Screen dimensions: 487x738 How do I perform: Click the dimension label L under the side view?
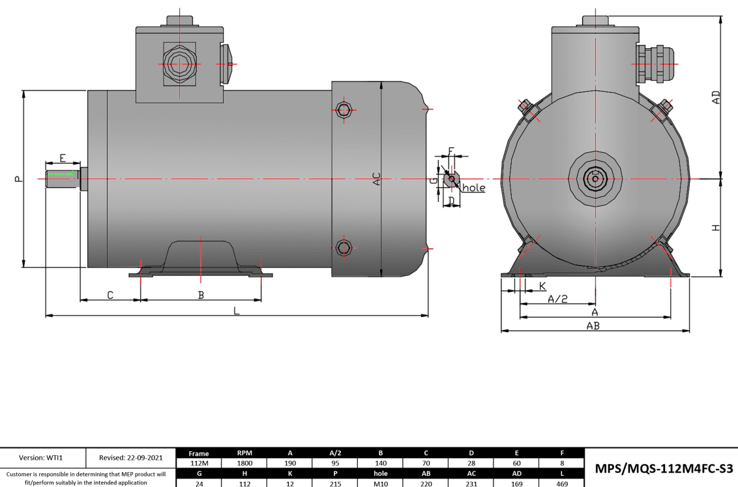(x=237, y=311)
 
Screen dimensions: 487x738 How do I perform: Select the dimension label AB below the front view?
(x=593, y=326)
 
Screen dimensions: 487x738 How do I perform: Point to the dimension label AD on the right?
(x=716, y=98)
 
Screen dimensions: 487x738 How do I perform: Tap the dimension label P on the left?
(x=18, y=178)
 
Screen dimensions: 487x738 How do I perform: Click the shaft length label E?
(x=63, y=158)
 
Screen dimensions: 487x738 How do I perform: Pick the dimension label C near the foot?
(x=110, y=295)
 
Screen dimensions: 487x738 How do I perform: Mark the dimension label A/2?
(x=557, y=299)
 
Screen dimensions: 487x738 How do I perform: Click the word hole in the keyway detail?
(x=474, y=188)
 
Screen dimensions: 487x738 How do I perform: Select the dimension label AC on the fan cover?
(x=376, y=179)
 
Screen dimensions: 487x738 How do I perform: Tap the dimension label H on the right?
(x=716, y=228)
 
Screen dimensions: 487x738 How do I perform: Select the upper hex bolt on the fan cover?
(x=344, y=109)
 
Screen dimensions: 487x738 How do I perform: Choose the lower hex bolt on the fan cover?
(x=344, y=247)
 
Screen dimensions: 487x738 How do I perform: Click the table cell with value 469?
(x=562, y=483)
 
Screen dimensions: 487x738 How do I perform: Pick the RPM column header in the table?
(x=244, y=453)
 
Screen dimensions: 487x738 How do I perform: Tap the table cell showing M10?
(x=380, y=483)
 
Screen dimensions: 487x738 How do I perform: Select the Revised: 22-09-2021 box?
(x=131, y=458)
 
